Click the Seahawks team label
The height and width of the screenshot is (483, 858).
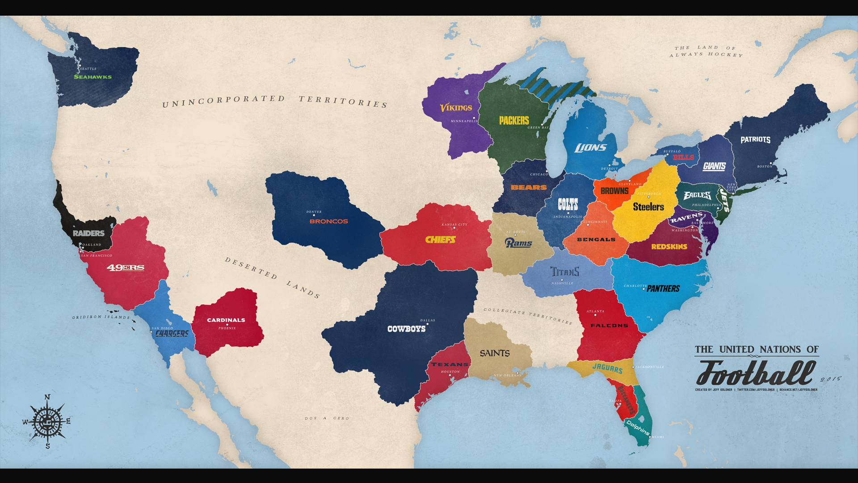93,77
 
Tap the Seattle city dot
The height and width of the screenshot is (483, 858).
80,66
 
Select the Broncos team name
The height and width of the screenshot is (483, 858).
328,221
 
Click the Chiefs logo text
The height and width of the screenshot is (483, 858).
440,240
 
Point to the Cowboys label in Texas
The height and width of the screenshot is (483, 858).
406,329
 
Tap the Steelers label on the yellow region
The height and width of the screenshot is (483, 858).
648,207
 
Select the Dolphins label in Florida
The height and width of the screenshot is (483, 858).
638,428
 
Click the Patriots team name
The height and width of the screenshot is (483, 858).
755,140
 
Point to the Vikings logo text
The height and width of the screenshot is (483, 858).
456,108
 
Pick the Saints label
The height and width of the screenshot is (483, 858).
495,353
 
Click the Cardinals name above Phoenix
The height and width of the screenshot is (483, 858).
226,320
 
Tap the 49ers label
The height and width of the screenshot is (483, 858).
126,267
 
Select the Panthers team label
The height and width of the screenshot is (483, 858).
663,289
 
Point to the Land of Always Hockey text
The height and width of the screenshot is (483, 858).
706,51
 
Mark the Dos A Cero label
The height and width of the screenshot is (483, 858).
327,419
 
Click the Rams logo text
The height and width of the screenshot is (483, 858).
518,243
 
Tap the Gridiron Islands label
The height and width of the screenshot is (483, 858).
101,317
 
